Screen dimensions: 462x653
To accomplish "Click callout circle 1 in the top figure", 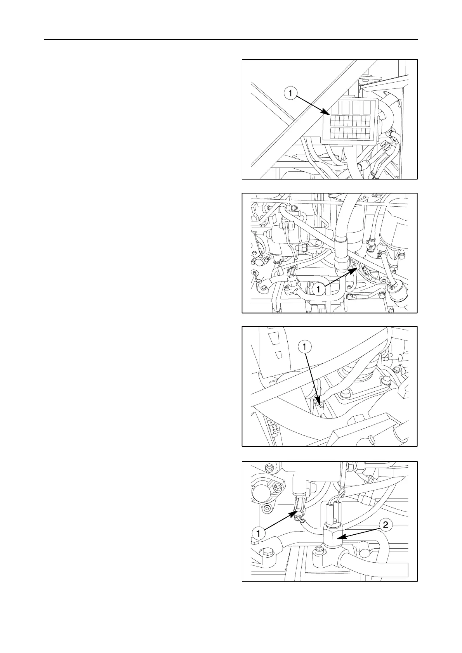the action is (x=291, y=93).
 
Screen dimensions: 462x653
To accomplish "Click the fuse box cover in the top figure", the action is (x=349, y=122).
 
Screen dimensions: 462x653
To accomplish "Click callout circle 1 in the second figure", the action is (x=318, y=289).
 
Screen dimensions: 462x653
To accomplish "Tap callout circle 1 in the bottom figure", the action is (x=258, y=533).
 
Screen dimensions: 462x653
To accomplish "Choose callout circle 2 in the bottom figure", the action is (x=385, y=525).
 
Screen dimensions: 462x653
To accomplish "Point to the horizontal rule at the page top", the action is (x=231, y=40).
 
